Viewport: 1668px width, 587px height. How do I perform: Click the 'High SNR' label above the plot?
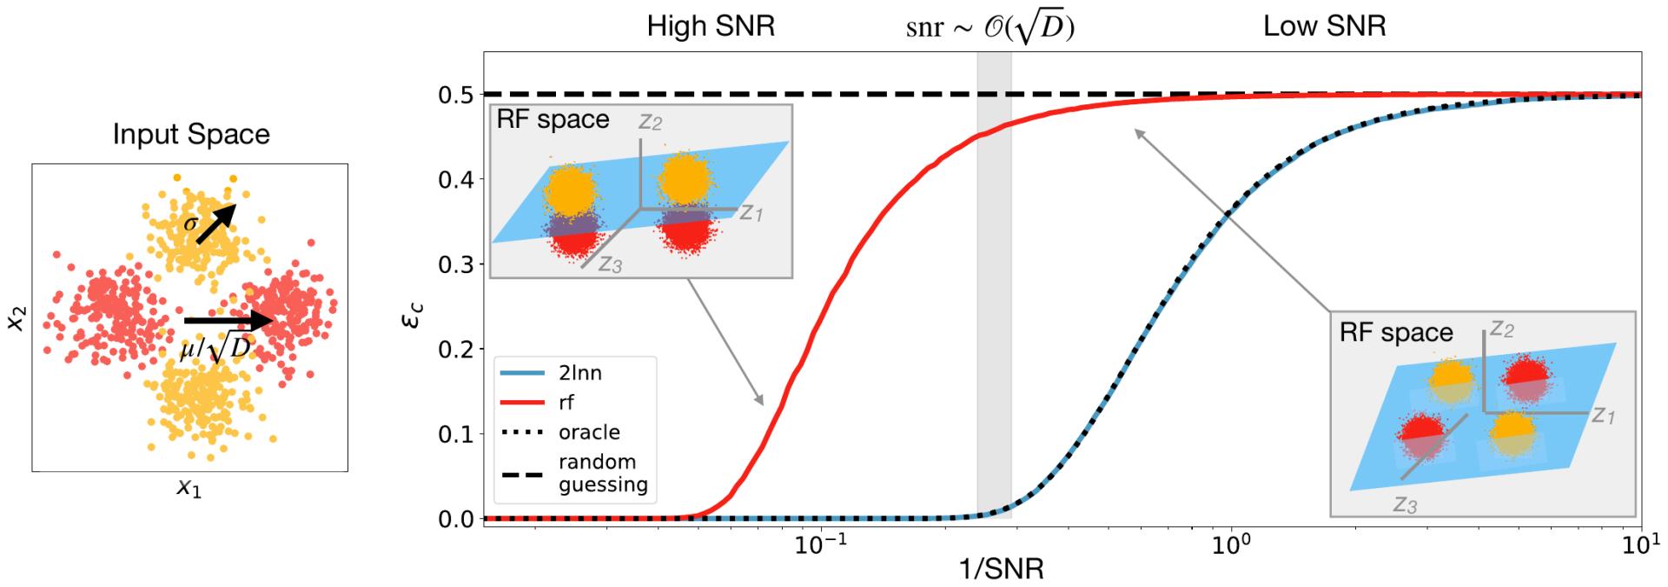[711, 26]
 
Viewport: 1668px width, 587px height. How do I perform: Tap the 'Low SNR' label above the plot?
[1324, 26]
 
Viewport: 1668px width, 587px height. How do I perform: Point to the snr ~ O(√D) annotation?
[990, 28]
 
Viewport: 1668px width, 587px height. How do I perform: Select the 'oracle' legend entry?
[589, 432]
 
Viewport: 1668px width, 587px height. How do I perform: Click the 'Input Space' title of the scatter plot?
[191, 134]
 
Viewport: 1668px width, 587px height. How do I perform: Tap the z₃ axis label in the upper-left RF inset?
[610, 264]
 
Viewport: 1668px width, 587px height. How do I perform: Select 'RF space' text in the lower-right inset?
[1396, 332]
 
